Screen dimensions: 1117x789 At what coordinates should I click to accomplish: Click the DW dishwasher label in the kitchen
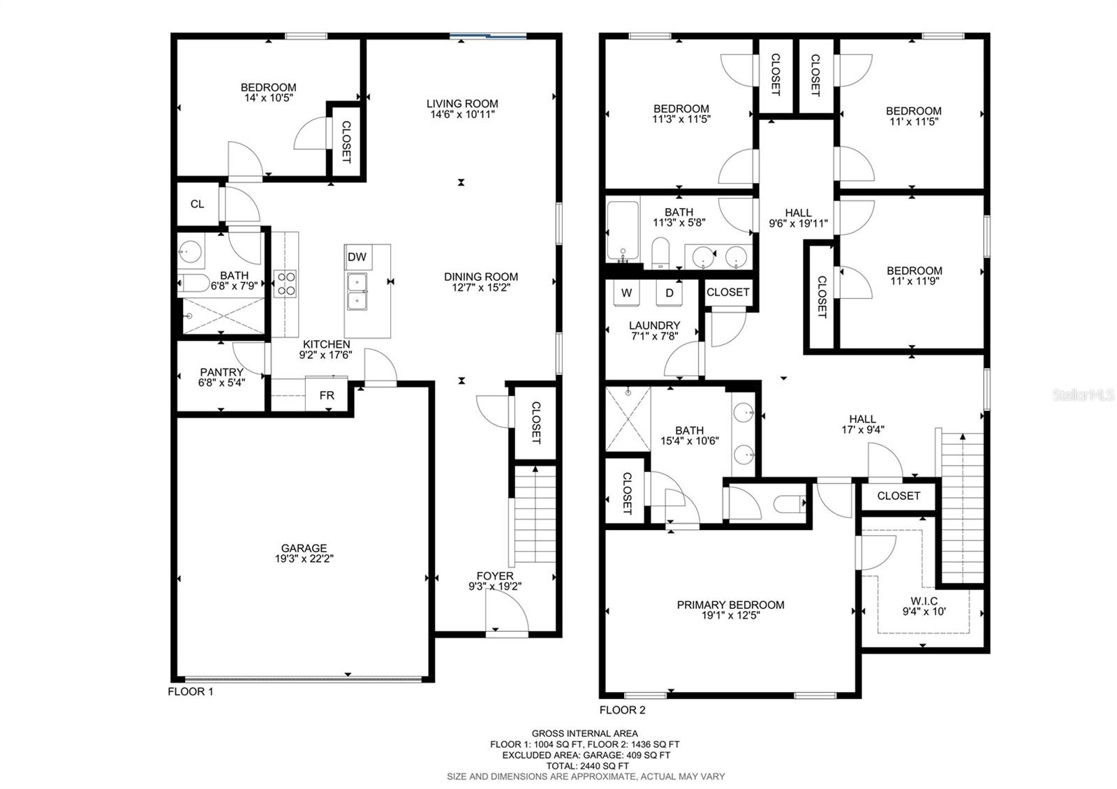point(357,257)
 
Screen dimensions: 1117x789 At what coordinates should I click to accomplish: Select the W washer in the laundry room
point(626,293)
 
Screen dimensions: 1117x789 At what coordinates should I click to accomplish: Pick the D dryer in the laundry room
point(670,293)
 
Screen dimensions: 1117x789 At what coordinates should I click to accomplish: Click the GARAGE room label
point(304,548)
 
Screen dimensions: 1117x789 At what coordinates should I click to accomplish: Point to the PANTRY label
point(221,372)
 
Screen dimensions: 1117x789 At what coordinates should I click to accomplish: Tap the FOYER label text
point(495,576)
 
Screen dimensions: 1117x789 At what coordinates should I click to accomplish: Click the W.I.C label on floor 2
point(924,601)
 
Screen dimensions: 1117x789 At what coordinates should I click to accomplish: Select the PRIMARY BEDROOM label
point(730,605)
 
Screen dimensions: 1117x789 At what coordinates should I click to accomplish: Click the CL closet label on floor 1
point(197,204)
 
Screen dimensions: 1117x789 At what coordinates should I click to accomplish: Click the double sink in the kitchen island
point(357,292)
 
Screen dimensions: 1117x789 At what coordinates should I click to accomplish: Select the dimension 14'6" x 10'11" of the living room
point(462,115)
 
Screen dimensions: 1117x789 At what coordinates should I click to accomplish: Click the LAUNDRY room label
point(654,325)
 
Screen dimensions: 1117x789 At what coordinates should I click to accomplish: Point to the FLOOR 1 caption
point(191,692)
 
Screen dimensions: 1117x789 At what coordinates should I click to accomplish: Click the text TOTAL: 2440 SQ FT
point(587,766)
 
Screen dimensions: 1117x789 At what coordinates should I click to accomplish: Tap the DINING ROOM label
point(481,276)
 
